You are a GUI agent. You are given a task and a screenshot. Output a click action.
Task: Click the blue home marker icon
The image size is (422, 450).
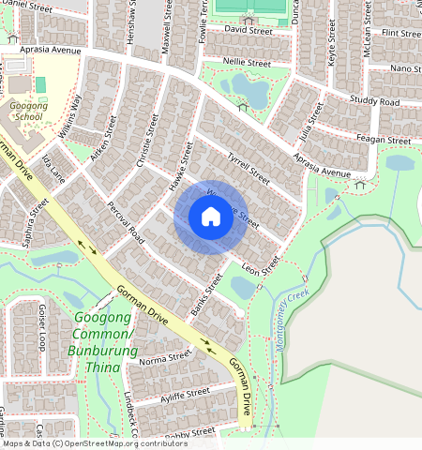[211, 217]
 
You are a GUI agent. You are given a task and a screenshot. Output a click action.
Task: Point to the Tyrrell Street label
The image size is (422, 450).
[248, 166]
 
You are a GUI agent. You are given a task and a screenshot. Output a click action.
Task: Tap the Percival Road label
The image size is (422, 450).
[127, 219]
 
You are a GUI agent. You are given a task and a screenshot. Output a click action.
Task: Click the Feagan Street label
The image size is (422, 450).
[384, 141]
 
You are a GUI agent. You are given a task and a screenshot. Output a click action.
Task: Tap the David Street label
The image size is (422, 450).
[248, 30]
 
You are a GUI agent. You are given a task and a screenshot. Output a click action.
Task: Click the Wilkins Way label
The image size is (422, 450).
[70, 116]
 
